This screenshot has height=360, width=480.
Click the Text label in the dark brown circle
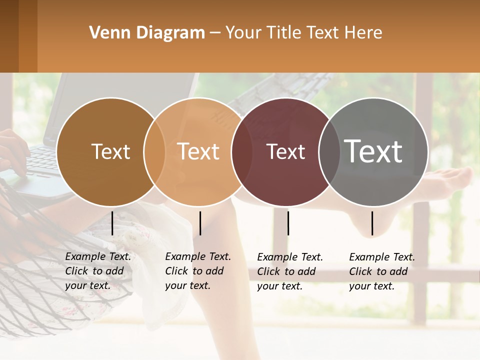pyautogui.click(x=110, y=151)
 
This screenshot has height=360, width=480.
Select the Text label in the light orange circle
pyautogui.click(x=198, y=151)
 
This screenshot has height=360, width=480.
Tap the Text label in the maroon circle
pyautogui.click(x=286, y=151)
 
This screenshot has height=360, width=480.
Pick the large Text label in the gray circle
pyautogui.click(x=373, y=151)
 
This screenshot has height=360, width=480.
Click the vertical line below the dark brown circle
pyautogui.click(x=112, y=223)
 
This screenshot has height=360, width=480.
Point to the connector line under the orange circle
pyautogui.click(x=200, y=223)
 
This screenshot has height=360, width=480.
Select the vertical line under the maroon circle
pyautogui.click(x=288, y=223)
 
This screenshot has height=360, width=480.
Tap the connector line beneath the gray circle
pyautogui.click(x=372, y=223)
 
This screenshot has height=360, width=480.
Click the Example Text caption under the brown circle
pyautogui.click(x=98, y=271)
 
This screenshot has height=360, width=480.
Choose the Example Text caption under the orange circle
pyautogui.click(x=198, y=271)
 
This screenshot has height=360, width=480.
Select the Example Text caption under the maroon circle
pyautogui.click(x=290, y=271)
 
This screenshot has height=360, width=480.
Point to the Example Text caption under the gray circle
pyautogui.click(x=382, y=271)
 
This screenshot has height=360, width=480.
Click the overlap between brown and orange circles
pyautogui.click(x=154, y=151)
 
